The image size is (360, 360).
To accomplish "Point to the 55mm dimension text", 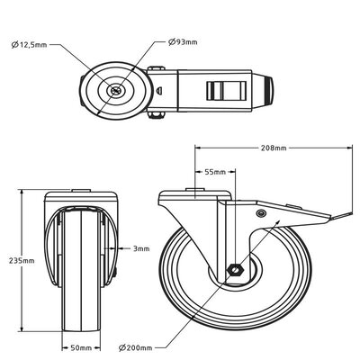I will pyautogui.click(x=214, y=170).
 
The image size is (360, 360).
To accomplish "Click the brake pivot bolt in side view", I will pyautogui.click(x=261, y=212).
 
